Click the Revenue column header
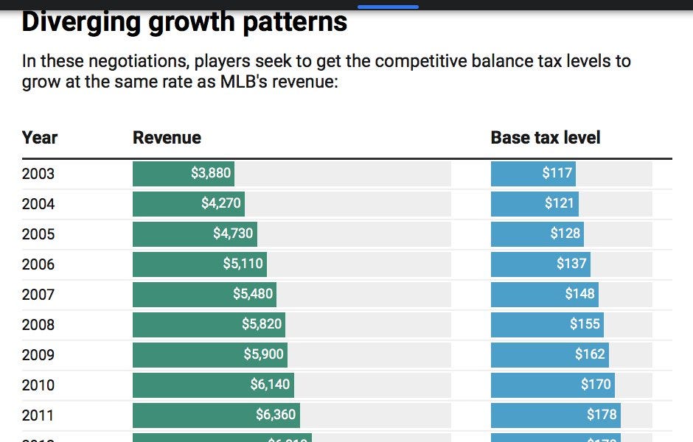click(x=167, y=138)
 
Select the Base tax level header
click(x=546, y=138)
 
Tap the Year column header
click(x=40, y=138)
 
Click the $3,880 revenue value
click(x=211, y=174)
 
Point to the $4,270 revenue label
click(x=221, y=203)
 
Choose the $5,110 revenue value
click(x=243, y=264)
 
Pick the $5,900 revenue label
click(x=263, y=354)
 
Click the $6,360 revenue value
click(x=276, y=415)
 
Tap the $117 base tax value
click(x=557, y=174)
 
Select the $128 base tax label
click(x=565, y=234)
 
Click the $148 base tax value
click(x=579, y=294)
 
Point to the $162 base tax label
click(x=590, y=354)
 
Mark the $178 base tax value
click(x=602, y=415)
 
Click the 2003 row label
click(x=38, y=175)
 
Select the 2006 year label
click(x=38, y=264)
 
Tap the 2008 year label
click(x=38, y=325)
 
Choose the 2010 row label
click(x=38, y=385)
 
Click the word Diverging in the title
click(x=82, y=22)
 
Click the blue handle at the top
click(x=388, y=7)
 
